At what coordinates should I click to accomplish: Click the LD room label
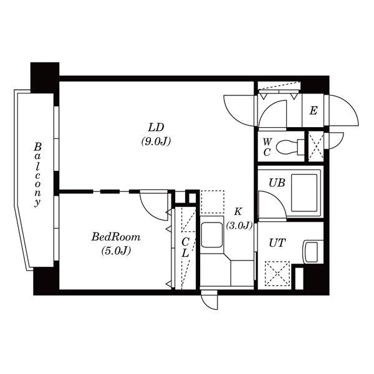click(x=156, y=128)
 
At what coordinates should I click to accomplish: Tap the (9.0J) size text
click(x=156, y=142)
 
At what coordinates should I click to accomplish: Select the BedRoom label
click(x=116, y=237)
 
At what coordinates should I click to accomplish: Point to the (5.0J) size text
click(x=116, y=251)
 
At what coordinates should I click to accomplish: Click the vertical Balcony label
click(x=37, y=175)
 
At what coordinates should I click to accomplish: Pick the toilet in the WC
click(x=290, y=147)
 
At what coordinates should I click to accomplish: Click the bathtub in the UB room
click(x=304, y=193)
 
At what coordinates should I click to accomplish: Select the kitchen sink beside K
click(x=212, y=235)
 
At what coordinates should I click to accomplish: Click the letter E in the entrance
click(x=314, y=111)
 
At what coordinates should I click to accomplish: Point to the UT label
click(x=277, y=243)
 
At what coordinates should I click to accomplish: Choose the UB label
click(x=277, y=183)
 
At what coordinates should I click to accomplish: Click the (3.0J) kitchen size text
click(x=239, y=226)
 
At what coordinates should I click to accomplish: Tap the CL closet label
click(x=185, y=247)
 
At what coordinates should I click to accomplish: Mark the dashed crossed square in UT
click(x=277, y=274)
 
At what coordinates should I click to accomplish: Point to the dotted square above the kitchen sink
click(x=213, y=202)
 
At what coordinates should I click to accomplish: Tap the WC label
click(x=267, y=147)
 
